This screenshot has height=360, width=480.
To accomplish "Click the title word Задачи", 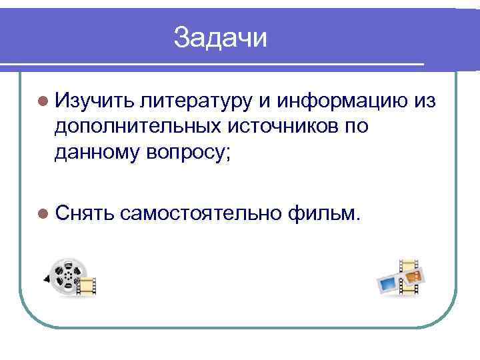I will click(220, 38).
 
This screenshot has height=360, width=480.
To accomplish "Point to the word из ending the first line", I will click(424, 101).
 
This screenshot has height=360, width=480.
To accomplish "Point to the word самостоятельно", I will click(202, 213).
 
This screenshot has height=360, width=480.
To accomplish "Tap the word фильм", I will click(325, 213).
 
